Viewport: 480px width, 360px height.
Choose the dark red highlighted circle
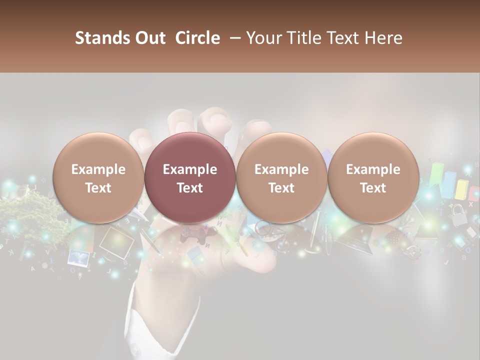190,177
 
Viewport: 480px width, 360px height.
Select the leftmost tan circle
98,177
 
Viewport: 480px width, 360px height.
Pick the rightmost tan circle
373,177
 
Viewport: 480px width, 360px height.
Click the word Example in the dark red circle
190,169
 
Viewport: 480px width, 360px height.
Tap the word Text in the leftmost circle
98,188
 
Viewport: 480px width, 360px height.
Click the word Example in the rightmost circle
373,169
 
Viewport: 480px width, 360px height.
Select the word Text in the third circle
281,188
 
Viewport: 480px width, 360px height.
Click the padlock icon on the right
456,215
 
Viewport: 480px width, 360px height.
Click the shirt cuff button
134,347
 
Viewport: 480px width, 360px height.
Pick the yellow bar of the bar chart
461,189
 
